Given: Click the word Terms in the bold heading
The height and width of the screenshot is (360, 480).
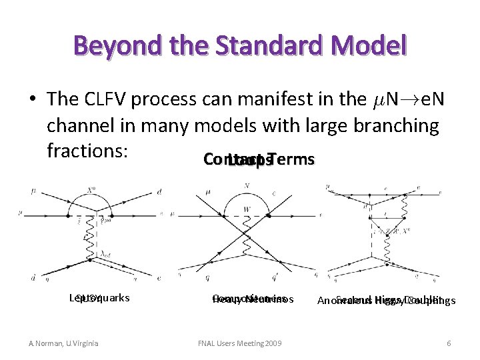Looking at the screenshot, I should click(x=290, y=160).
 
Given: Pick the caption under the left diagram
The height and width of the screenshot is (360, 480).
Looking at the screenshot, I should click(x=99, y=298).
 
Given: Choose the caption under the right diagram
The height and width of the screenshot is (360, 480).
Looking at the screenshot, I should click(x=386, y=301).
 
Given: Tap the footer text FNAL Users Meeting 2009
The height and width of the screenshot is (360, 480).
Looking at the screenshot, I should click(x=240, y=343).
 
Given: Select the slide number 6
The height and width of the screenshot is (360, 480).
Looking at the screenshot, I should click(x=449, y=343).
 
